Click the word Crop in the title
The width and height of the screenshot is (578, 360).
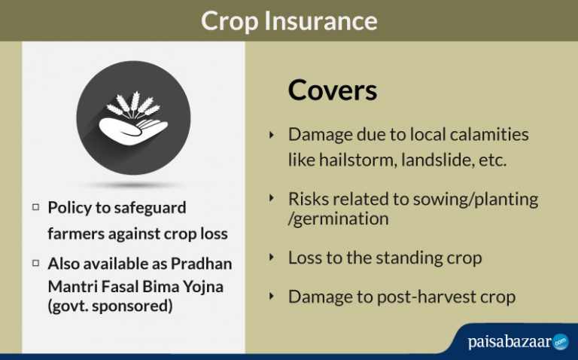(230, 20)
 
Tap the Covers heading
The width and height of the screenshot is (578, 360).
(332, 90)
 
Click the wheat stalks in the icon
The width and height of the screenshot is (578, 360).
(133, 106)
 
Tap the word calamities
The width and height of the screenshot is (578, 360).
(487, 135)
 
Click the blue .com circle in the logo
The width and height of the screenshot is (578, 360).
(560, 342)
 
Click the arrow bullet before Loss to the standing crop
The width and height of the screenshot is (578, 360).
(272, 258)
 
